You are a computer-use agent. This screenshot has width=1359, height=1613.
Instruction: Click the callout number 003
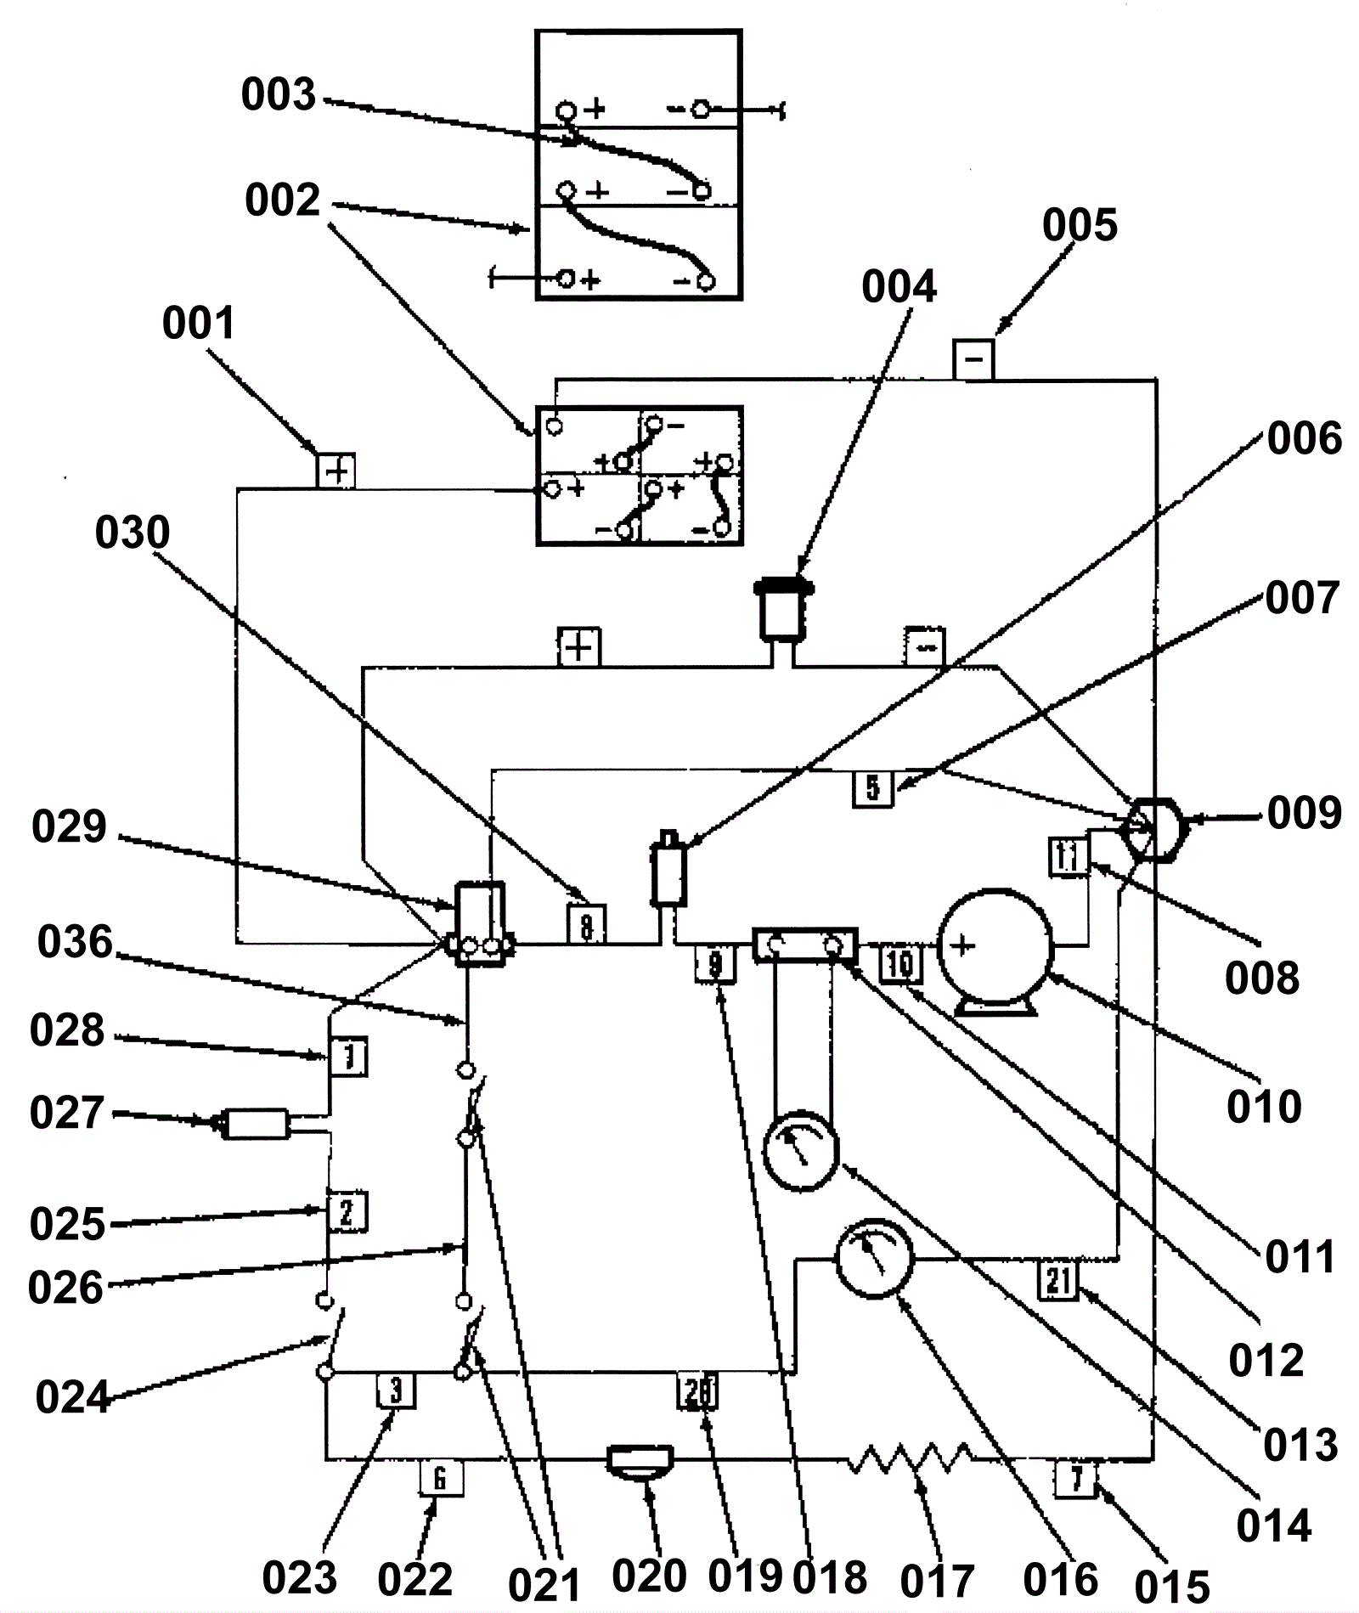pyautogui.click(x=279, y=94)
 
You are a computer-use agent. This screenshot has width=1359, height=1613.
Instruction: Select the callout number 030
pyautogui.click(x=133, y=533)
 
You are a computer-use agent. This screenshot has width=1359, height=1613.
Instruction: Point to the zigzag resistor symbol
pyautogui.click(x=911, y=1458)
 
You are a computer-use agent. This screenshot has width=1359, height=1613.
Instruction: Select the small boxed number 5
pyautogui.click(x=873, y=788)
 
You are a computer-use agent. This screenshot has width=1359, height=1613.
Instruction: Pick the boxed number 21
pyautogui.click(x=1058, y=1280)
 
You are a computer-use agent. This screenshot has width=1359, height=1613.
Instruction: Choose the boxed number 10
pyautogui.click(x=899, y=964)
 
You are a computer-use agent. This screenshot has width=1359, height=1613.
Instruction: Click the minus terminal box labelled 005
pyautogui.click(x=973, y=358)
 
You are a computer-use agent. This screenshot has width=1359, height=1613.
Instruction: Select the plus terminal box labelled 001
pyautogui.click(x=336, y=470)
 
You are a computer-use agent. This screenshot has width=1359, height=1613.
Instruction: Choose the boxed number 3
pyautogui.click(x=396, y=1390)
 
